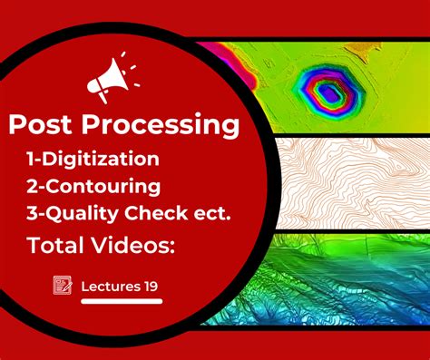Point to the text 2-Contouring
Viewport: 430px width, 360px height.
tap(94, 187)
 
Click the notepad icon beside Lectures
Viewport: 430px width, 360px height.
tap(63, 286)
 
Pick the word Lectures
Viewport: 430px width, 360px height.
tap(109, 287)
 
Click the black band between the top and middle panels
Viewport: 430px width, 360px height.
tap(345, 136)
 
